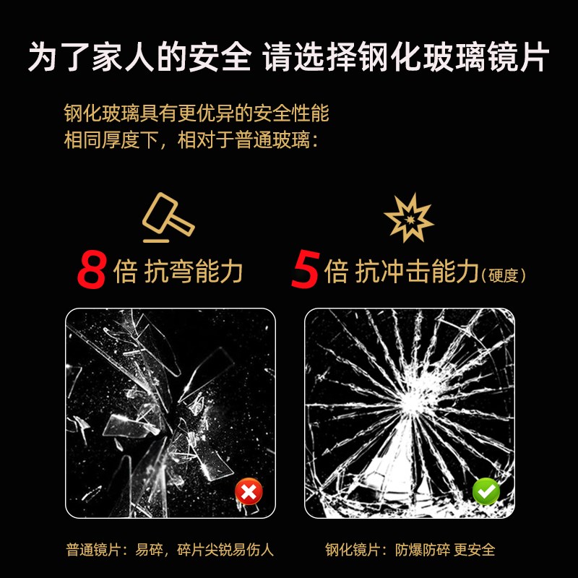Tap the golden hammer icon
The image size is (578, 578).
pos(168,217)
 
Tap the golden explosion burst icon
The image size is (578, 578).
pos(408,217)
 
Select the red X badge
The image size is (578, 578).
pos(249,493)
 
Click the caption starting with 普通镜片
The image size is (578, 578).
pos(170,550)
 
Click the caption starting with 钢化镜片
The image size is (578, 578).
pos(410,550)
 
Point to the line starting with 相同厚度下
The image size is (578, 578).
pos(191,139)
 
